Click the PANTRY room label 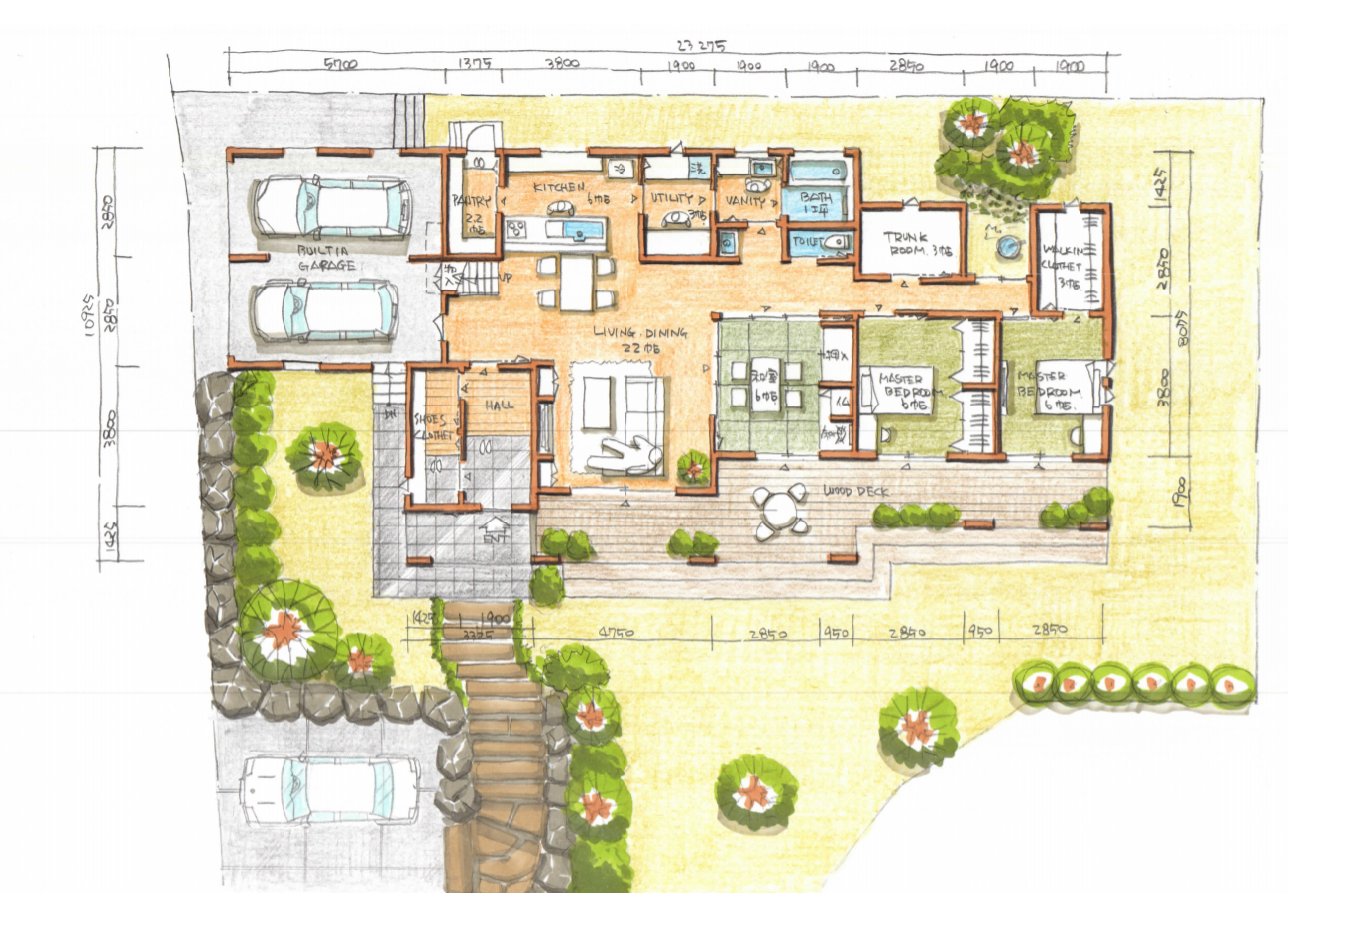(x=471, y=201)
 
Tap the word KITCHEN (x=559, y=187)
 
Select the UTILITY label (x=671, y=198)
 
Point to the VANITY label (x=744, y=200)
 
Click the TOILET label (x=806, y=241)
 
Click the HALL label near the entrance (x=500, y=405)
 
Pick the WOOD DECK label (x=855, y=491)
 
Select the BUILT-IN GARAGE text (x=325, y=259)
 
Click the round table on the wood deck (x=779, y=511)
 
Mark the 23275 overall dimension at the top (x=701, y=45)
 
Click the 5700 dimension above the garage (x=341, y=64)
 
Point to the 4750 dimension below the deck (x=616, y=632)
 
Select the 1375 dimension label (x=474, y=63)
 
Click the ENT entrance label (x=493, y=537)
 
